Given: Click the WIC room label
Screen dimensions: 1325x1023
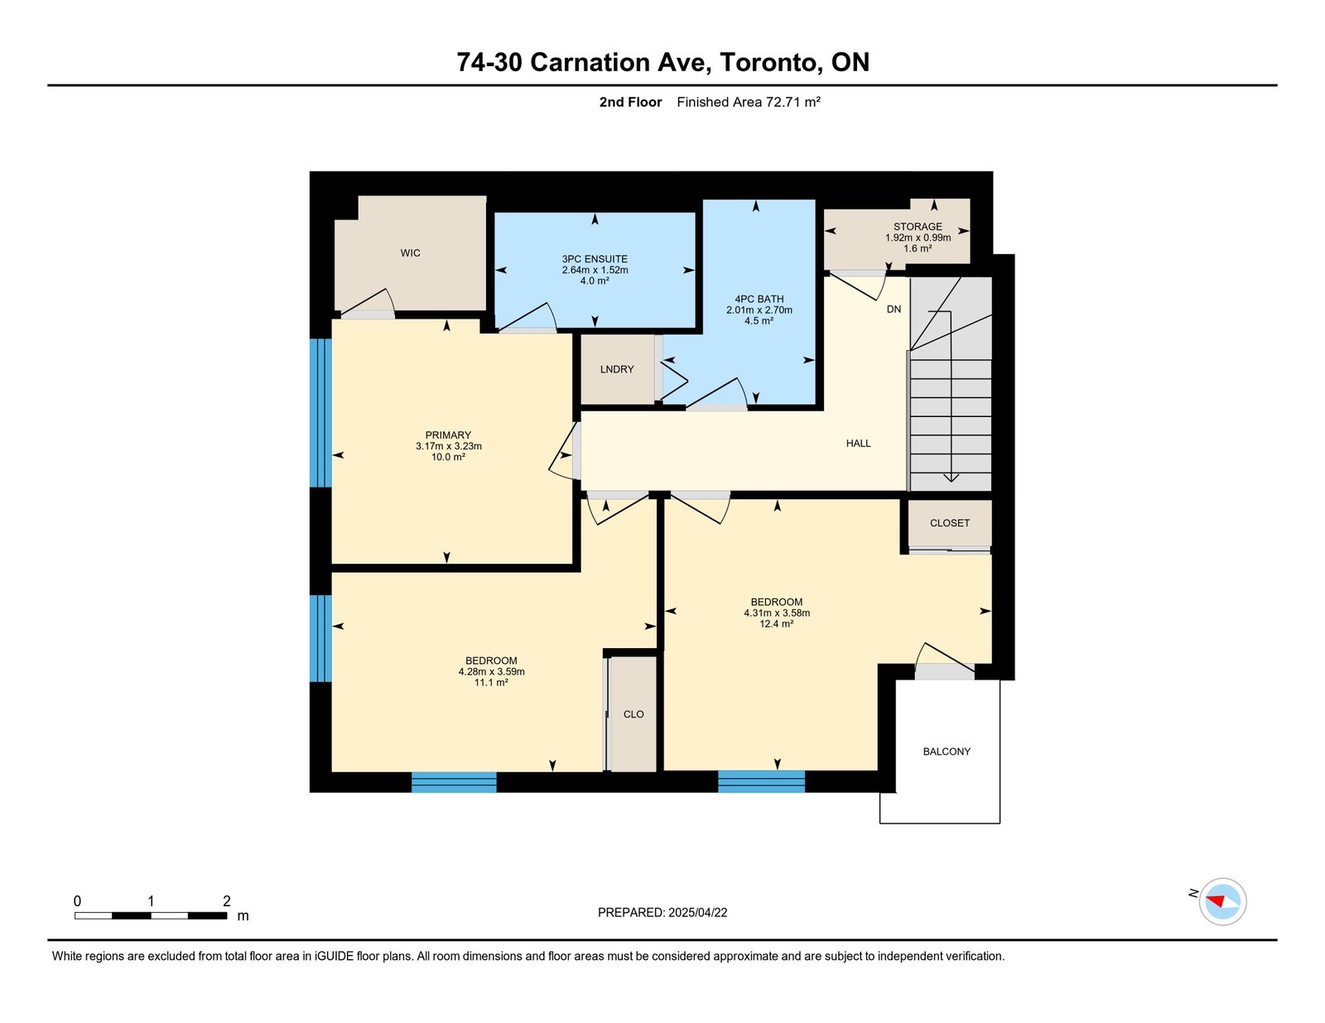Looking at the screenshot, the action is click(410, 253).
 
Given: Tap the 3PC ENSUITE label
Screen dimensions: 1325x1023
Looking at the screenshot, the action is click(595, 259).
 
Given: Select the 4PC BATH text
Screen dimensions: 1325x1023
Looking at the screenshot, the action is click(759, 299).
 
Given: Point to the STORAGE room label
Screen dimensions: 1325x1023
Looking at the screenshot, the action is click(918, 227).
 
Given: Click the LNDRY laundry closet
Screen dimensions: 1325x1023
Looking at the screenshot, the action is click(617, 369).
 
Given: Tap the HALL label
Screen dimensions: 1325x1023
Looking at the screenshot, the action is click(858, 443).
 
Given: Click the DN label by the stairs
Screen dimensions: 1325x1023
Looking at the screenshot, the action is click(894, 309).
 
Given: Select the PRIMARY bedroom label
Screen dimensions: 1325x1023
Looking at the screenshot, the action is click(448, 435).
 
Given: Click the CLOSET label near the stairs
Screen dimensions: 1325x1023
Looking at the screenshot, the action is click(949, 523).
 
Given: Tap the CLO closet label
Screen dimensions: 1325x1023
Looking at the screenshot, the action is click(634, 714).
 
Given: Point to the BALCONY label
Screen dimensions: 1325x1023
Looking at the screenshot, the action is click(947, 752).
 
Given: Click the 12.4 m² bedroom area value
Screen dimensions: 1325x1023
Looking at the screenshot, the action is click(776, 624).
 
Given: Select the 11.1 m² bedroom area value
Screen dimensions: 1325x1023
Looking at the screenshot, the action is click(491, 682).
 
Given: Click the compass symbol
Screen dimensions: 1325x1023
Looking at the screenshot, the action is click(1222, 901).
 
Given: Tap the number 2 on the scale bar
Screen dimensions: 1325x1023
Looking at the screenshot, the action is click(226, 901).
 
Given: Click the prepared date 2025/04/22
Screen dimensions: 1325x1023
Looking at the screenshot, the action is click(697, 912).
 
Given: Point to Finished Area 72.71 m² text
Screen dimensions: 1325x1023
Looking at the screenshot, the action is click(748, 102).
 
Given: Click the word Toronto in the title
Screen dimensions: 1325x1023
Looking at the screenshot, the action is click(768, 62).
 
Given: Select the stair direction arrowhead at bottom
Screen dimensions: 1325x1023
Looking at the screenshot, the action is click(951, 478).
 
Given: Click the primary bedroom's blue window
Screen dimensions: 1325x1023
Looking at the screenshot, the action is click(320, 412).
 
